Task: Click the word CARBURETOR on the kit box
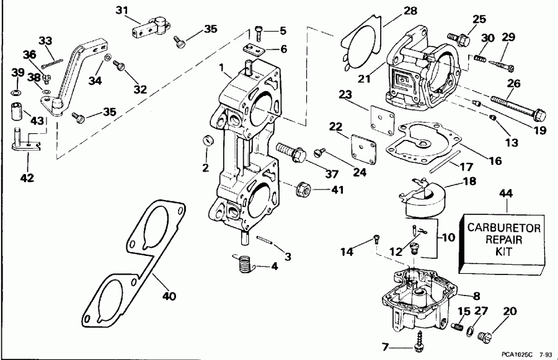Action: click(x=503, y=229)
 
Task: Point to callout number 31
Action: click(x=122, y=9)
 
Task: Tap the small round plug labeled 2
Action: click(x=208, y=141)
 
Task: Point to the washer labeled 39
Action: click(x=17, y=92)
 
